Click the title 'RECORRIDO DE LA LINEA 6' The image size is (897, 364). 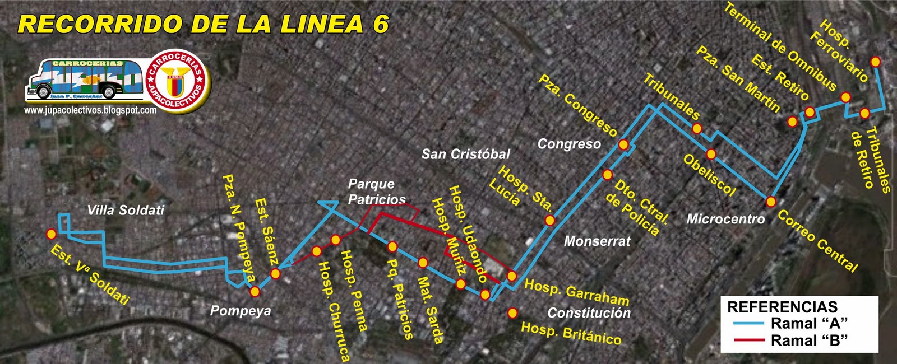204,24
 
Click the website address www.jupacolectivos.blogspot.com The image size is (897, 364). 90,110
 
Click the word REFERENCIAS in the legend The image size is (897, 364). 782,307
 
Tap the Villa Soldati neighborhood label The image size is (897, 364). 126,210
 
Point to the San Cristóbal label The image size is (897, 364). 465,154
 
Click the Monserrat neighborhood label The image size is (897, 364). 597,241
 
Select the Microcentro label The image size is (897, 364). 725,219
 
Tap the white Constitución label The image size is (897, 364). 589,312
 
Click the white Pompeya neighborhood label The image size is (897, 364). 241,311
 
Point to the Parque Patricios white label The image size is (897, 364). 376,192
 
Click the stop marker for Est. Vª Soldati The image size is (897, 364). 52,234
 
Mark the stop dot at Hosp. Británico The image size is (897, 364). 512,313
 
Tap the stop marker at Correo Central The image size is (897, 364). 771,201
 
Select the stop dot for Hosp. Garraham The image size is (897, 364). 511,276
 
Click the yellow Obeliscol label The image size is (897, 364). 709,174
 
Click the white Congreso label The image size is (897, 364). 569,144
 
